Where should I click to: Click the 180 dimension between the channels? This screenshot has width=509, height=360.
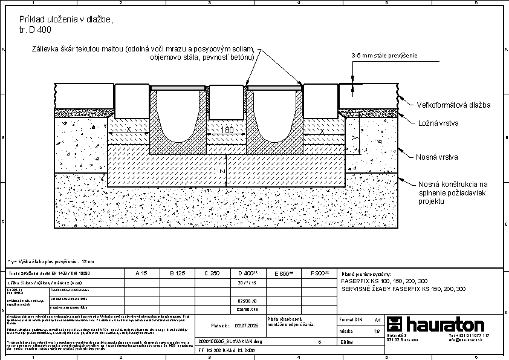click(227, 130)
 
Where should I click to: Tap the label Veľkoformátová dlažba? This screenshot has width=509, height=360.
click(453, 105)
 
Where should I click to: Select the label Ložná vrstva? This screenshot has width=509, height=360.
click(438, 123)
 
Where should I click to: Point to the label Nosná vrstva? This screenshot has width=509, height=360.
click(436, 157)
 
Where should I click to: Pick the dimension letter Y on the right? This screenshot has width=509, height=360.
click(355, 138)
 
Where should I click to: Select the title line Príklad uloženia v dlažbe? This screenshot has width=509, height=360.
click(66, 20)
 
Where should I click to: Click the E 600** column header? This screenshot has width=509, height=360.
click(284, 273)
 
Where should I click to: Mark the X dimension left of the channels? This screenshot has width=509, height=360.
click(128, 130)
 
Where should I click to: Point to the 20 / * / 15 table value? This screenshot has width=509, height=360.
click(248, 283)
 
